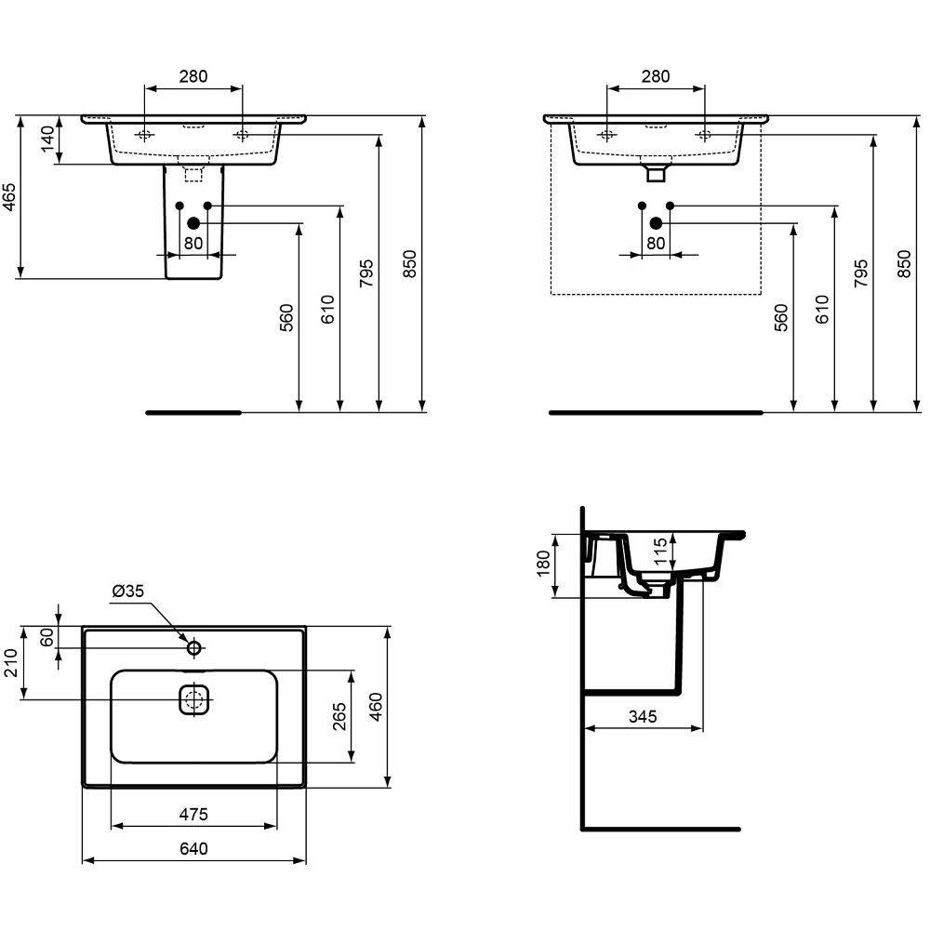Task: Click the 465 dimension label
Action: click(x=10, y=197)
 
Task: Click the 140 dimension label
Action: click(x=47, y=139)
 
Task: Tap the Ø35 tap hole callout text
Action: click(x=127, y=591)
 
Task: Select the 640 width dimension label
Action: click(x=194, y=849)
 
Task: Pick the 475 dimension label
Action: click(x=194, y=815)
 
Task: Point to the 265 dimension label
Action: click(x=339, y=716)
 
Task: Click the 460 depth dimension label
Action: click(x=376, y=707)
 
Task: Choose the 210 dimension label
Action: click(x=11, y=662)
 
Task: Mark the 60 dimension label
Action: click(x=46, y=637)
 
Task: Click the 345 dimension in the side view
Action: click(x=643, y=716)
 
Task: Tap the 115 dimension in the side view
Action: click(x=660, y=552)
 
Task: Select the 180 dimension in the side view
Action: click(x=543, y=564)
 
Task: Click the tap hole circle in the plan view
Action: click(x=194, y=647)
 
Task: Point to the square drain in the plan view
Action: click(x=194, y=700)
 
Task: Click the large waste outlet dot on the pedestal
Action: click(x=193, y=223)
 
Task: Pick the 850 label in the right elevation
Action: click(x=903, y=264)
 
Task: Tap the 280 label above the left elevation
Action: click(x=194, y=76)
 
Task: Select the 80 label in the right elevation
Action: click(x=656, y=243)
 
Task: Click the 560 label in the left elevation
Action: click(x=286, y=317)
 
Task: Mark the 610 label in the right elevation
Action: click(x=822, y=309)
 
